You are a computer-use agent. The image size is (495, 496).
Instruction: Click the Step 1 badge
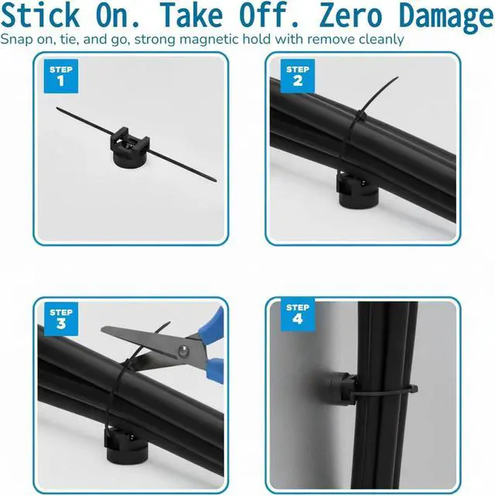(x=61, y=77)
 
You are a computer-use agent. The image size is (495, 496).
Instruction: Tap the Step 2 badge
(x=298, y=76)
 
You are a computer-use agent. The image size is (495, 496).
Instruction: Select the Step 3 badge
(x=61, y=319)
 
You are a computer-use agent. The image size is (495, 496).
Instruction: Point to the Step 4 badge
(x=298, y=314)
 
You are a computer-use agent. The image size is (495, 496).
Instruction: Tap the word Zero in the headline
(x=350, y=15)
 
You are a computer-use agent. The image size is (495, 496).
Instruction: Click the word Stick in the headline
(x=40, y=15)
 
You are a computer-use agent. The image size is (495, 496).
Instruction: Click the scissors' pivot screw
(x=183, y=351)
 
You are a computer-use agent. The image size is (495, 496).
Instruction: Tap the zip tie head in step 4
(x=413, y=388)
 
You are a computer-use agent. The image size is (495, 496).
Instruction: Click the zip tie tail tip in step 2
(x=398, y=77)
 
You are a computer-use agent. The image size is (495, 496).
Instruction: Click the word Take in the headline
(x=191, y=15)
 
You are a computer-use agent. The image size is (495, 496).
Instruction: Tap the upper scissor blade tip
(x=102, y=330)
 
